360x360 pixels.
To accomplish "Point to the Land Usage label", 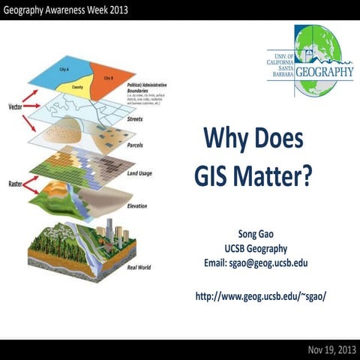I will click(140, 174).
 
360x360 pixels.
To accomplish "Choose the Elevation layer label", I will click(137, 205).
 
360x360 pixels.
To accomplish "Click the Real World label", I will click(140, 266).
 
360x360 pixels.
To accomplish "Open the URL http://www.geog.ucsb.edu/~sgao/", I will click(260, 296).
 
